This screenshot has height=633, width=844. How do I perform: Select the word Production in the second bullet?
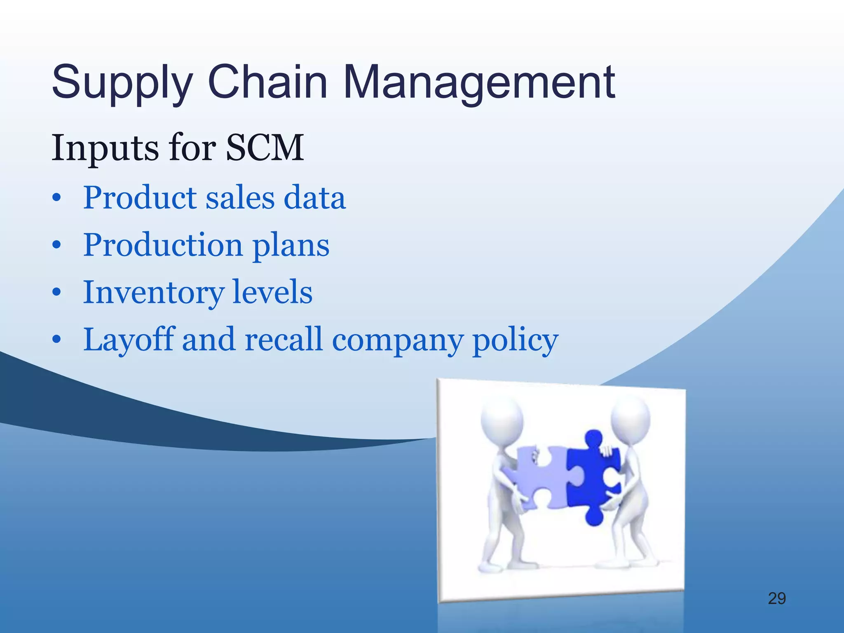point(162,245)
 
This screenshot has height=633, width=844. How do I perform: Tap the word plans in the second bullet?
point(291,246)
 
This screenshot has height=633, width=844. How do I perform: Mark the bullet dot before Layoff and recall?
point(57,340)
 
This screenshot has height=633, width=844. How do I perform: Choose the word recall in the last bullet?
point(283,339)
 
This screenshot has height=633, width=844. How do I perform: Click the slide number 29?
point(777,598)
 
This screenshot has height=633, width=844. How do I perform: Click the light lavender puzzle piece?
point(538,478)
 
